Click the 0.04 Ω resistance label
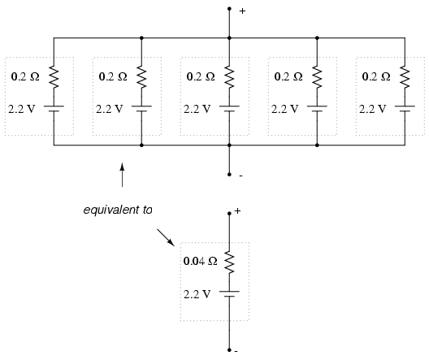(x=200, y=261)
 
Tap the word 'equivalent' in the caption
(x=110, y=210)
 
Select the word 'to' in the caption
(x=147, y=210)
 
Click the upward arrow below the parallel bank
(x=123, y=175)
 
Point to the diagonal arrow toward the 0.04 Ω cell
(x=166, y=237)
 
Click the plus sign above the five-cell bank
(x=242, y=11)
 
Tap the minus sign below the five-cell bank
(x=240, y=176)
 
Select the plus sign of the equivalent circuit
(x=237, y=211)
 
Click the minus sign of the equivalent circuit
(x=236, y=351)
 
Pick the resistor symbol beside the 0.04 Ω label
(x=229, y=262)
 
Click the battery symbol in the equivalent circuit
(x=229, y=294)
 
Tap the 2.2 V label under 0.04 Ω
(x=197, y=294)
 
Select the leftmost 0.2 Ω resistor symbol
(x=54, y=77)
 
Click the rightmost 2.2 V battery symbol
(x=405, y=109)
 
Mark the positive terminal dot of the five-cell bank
(x=229, y=9)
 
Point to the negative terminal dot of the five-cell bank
(x=229, y=175)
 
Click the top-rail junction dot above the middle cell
(x=229, y=37)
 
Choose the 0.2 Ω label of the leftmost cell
(x=25, y=76)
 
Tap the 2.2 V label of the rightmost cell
(x=373, y=109)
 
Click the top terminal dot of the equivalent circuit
(x=229, y=214)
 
